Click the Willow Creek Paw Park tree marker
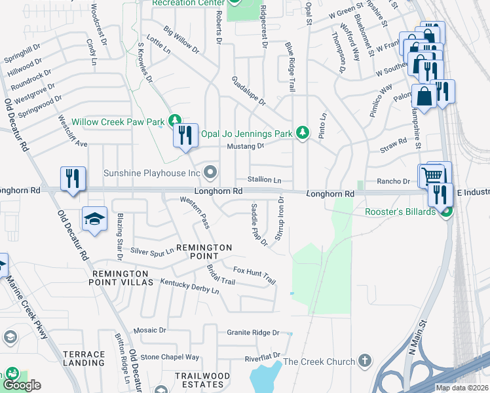point(174,121)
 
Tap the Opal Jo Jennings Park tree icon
point(302,133)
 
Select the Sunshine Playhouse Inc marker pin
point(210,173)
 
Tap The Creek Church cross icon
point(365,362)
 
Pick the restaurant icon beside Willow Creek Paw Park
point(185,136)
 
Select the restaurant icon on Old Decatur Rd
point(72,179)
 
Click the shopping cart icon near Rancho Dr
point(431,175)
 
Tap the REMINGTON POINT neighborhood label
point(202,252)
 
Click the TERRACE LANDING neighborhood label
point(84,358)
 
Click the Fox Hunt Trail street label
point(255,274)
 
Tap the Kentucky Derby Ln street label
point(190,286)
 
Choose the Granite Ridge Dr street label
point(254,333)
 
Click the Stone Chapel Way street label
point(170,357)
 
